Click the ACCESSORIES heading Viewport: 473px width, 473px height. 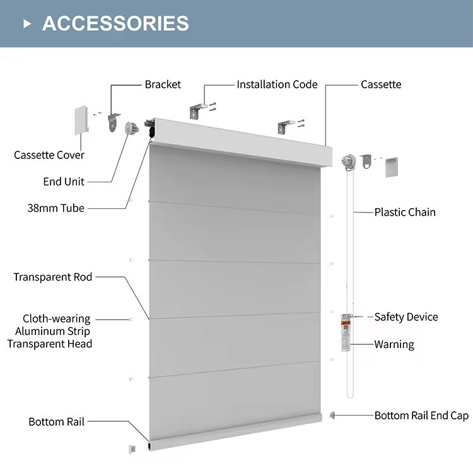click(115, 23)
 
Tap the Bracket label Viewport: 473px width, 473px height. click(163, 85)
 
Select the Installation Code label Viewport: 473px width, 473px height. click(277, 85)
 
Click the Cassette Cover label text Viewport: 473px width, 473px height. click(49, 155)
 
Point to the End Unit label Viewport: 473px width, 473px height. click(64, 182)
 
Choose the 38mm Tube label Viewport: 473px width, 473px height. click(55, 207)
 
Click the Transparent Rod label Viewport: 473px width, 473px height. click(53, 277)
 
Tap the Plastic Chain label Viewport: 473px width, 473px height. click(405, 212)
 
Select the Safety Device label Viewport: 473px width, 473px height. click(406, 317)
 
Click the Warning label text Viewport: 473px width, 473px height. click(394, 344)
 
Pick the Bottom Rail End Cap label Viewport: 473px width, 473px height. click(421, 416)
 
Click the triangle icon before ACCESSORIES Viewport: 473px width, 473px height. click(27, 24)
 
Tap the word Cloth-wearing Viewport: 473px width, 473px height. click(57, 319)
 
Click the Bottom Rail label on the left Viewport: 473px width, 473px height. click(56, 422)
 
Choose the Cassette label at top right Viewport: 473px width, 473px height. click(381, 85)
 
